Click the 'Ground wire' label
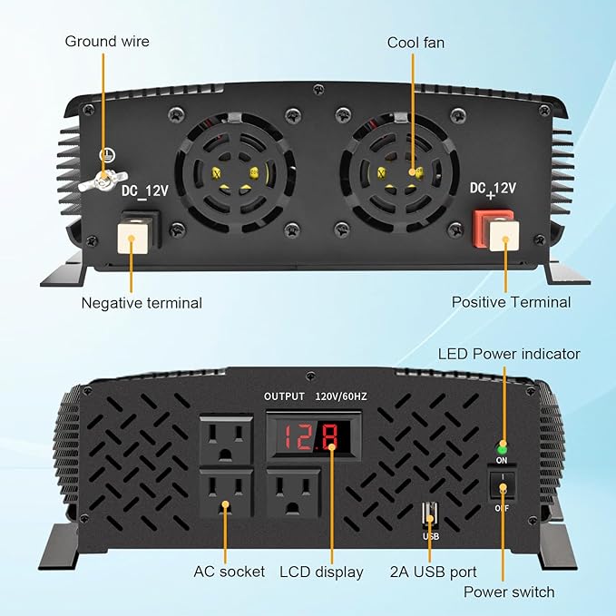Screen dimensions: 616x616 click(x=107, y=41)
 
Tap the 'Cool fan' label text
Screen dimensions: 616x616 click(x=416, y=43)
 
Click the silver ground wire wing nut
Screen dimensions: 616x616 click(x=103, y=181)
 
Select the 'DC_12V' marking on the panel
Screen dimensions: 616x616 click(x=145, y=191)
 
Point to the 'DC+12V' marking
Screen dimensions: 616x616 click(x=493, y=189)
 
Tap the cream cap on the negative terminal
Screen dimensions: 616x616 click(x=132, y=238)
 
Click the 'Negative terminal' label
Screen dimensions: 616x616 click(x=142, y=303)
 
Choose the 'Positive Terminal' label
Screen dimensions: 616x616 click(x=511, y=302)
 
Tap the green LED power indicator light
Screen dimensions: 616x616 click(x=502, y=449)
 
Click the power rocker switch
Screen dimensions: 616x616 click(x=502, y=484)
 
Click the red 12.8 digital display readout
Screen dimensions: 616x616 click(x=311, y=436)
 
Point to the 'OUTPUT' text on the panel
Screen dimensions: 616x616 click(x=284, y=396)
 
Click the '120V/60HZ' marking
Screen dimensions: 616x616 click(x=341, y=396)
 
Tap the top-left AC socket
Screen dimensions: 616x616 click(x=226, y=440)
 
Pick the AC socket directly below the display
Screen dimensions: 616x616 click(x=293, y=494)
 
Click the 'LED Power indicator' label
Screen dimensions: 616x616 click(x=509, y=354)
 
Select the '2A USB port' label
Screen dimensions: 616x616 click(x=434, y=572)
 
